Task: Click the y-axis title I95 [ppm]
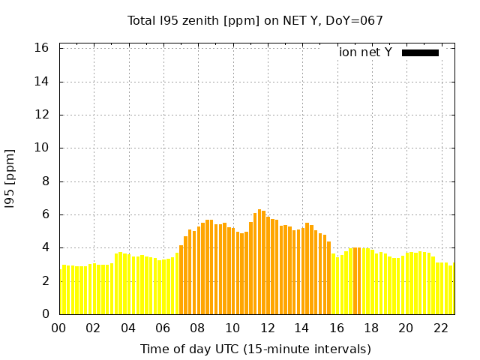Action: point(10,178)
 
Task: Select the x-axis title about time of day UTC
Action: point(256,349)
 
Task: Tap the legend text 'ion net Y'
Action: point(365,52)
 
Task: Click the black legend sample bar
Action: point(420,52)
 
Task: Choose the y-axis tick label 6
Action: point(45,214)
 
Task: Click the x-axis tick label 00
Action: point(59,328)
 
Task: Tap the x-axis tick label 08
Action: point(198,328)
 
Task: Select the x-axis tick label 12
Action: point(268,328)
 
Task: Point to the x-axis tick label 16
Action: point(337,328)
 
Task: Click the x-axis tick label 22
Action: point(441,328)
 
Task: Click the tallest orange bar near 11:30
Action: point(259,262)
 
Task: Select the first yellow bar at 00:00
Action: point(61,292)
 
